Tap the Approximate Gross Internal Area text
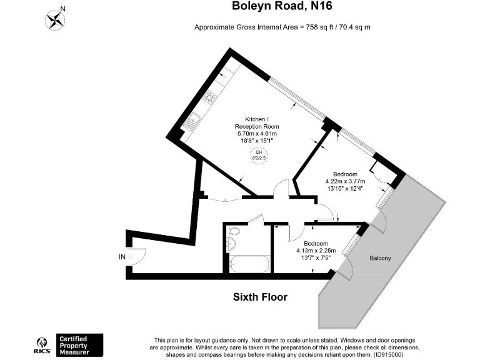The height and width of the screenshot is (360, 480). (284, 27)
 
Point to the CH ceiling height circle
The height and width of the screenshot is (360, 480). (258, 155)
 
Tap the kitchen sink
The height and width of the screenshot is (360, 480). (194, 118)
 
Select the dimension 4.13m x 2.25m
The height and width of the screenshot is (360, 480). (315, 251)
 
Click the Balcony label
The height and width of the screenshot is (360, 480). (381, 257)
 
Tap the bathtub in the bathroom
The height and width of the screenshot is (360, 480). (248, 264)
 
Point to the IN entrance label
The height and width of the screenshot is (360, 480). (121, 257)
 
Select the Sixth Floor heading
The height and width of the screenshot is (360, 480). (261, 297)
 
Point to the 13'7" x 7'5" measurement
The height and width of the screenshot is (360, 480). (315, 258)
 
